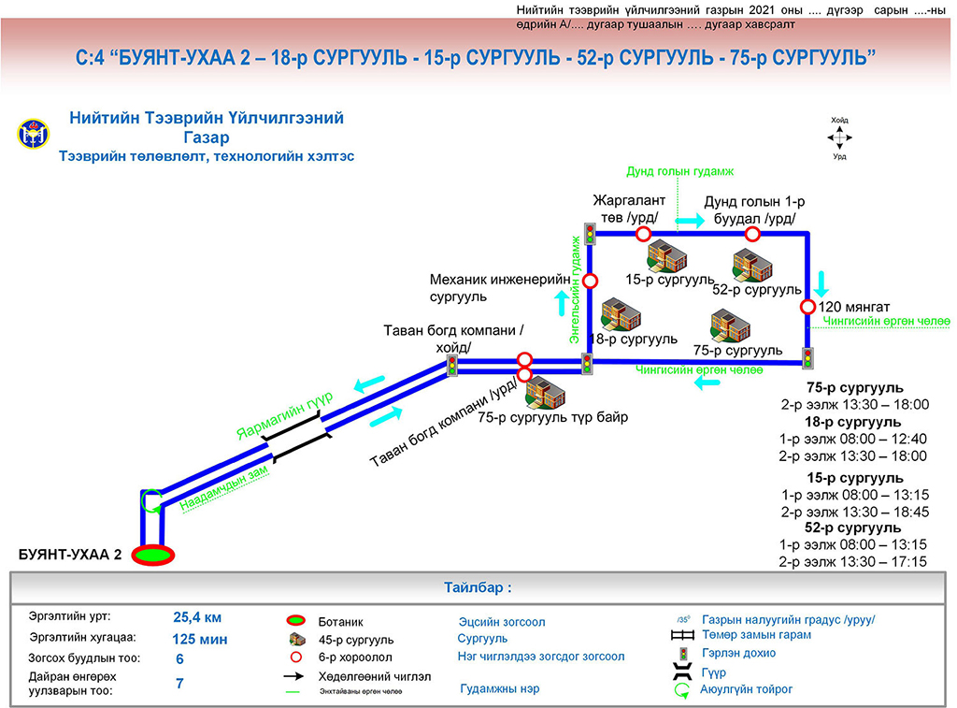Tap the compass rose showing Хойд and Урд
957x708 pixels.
coord(839,137)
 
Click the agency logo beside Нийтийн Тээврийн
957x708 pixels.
coord(29,135)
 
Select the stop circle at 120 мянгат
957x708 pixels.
coord(807,307)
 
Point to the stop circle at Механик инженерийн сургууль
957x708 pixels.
coord(590,281)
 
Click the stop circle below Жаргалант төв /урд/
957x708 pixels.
coord(643,234)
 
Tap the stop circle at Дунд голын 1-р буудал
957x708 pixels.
coord(751,234)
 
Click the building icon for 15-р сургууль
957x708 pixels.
coord(666,255)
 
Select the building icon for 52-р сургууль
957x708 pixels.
coord(752,265)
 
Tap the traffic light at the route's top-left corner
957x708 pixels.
coord(590,234)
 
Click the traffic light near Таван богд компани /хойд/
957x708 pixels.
coord(452,366)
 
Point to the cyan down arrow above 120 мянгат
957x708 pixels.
coord(822,282)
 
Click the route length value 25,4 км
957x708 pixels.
coord(197,617)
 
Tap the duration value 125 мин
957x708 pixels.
coord(200,640)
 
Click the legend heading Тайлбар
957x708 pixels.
coord(478,589)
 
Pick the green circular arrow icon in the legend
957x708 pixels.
coord(682,691)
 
